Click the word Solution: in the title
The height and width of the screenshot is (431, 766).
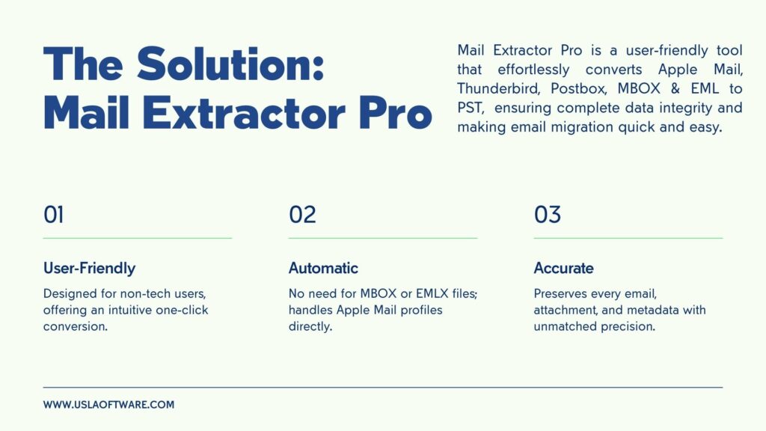(x=230, y=64)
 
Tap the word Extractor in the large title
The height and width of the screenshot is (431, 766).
(x=244, y=113)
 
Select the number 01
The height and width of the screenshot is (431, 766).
(x=53, y=215)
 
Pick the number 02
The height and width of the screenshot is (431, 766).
(x=302, y=215)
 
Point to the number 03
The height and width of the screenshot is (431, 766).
(x=547, y=215)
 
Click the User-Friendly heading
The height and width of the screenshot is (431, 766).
(x=90, y=268)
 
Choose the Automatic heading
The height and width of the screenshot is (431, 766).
(x=323, y=268)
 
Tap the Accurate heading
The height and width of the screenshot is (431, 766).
(x=564, y=268)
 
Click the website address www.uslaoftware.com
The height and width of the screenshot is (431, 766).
(x=108, y=405)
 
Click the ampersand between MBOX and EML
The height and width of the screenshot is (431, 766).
(x=675, y=88)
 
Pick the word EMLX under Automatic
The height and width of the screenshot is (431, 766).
(x=432, y=293)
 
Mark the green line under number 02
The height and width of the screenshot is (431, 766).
(x=383, y=238)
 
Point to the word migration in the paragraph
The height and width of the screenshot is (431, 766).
(x=582, y=127)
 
